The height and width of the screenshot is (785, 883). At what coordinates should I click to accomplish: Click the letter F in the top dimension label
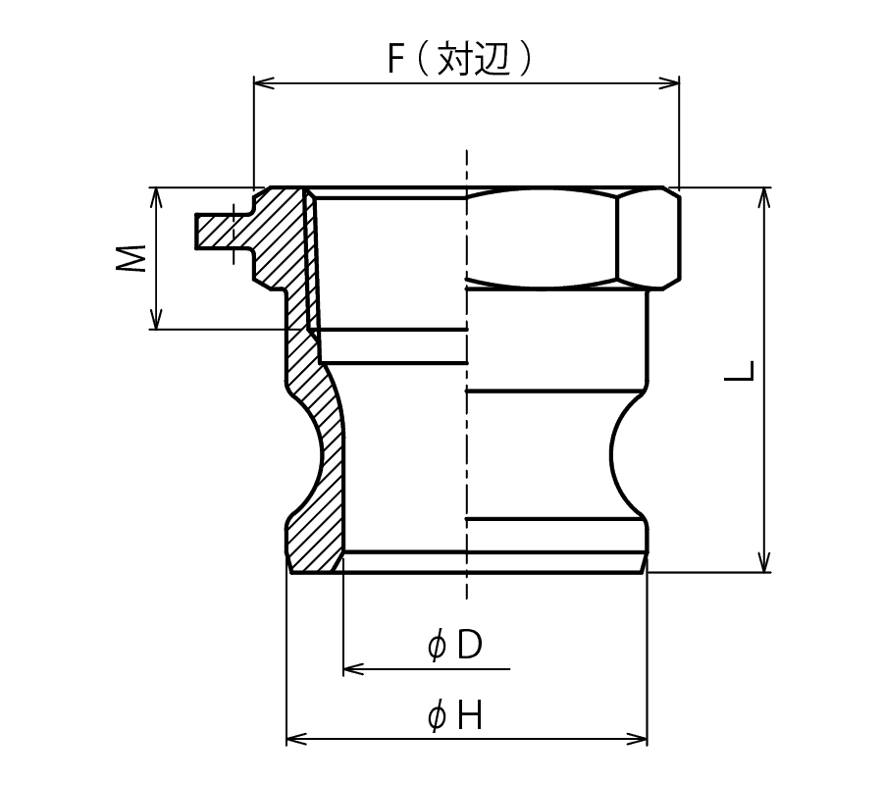click(396, 59)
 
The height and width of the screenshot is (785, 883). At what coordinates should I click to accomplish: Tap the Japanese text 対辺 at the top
click(474, 58)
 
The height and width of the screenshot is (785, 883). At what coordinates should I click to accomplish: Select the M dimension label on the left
click(131, 258)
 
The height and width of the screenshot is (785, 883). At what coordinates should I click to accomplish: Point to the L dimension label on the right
click(739, 371)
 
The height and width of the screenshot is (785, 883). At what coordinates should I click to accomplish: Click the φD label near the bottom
click(455, 645)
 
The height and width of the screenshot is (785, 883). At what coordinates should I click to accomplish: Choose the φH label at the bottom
click(454, 717)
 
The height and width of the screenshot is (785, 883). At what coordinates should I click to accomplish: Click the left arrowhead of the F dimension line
click(264, 83)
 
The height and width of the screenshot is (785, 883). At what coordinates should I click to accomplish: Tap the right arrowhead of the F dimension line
click(669, 83)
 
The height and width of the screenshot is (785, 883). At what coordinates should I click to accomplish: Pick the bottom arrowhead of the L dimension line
click(764, 562)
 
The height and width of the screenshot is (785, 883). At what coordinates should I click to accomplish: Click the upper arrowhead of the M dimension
click(157, 197)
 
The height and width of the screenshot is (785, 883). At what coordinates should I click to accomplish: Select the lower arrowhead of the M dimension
click(157, 319)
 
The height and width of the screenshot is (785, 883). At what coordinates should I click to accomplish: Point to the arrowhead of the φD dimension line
click(353, 669)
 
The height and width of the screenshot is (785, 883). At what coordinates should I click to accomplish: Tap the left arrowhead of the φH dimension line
click(296, 739)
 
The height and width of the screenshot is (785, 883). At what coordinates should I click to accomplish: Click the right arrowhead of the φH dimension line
click(637, 739)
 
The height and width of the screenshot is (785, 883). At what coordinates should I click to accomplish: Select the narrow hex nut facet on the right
click(649, 238)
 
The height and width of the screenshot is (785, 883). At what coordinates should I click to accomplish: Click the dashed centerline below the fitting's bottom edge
click(467, 586)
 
